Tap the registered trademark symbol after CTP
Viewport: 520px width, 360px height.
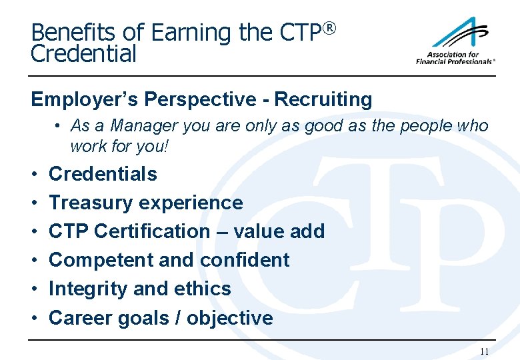point(328,28)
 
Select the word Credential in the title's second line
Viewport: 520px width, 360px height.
point(83,55)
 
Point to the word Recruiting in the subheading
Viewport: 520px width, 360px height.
point(323,100)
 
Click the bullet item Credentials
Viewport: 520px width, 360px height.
point(103,174)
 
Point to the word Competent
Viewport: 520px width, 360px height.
point(93,260)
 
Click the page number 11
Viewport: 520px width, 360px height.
point(484,351)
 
